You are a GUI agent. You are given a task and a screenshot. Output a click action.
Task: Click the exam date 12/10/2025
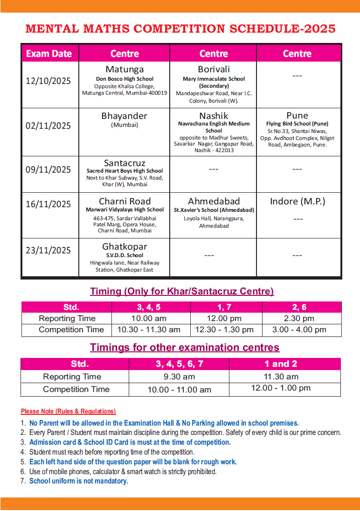(x=48, y=81)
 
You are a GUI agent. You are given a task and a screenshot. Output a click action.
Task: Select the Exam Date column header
(x=49, y=54)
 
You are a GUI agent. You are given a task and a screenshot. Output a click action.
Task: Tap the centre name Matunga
(x=125, y=70)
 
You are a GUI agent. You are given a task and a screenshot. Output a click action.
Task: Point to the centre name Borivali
(x=214, y=70)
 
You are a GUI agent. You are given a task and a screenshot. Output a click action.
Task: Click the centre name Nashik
(x=214, y=115)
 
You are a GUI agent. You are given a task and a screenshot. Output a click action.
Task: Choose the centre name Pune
(x=297, y=115)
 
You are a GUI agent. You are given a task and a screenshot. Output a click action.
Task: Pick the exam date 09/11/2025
(x=48, y=169)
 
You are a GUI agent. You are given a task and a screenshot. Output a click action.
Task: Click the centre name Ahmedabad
(x=214, y=201)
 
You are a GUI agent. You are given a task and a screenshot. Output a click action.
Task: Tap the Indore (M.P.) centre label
(x=298, y=201)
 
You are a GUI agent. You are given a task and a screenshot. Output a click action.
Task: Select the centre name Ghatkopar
(x=125, y=246)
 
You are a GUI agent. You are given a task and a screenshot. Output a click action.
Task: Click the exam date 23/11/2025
(x=48, y=251)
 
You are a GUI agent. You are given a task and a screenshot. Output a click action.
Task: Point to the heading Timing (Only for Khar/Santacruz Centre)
(x=182, y=292)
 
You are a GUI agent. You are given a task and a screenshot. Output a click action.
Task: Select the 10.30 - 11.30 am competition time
(x=149, y=329)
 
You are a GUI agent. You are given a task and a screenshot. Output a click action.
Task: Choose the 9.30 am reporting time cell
(x=179, y=377)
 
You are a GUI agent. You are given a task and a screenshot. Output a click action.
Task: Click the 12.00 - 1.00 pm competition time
(x=281, y=388)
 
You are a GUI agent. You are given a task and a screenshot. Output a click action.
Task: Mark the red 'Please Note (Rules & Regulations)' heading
(x=69, y=411)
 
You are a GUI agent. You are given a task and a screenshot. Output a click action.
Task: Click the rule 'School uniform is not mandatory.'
(x=78, y=481)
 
